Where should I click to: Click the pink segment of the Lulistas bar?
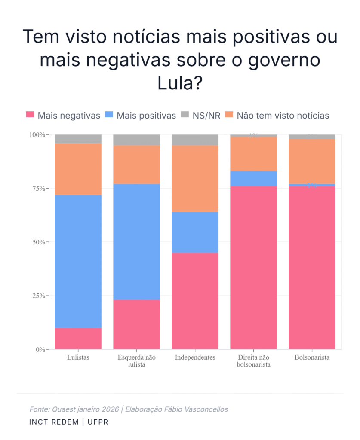point(78,339)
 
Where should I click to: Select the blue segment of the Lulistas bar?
point(78,261)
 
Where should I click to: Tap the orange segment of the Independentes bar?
point(195,179)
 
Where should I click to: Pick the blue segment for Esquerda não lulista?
point(136,242)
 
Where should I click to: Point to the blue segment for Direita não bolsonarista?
point(253,179)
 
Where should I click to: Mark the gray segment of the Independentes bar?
point(195,140)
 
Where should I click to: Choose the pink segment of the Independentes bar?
point(195,301)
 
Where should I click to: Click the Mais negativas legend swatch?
point(30,115)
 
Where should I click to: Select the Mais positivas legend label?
point(146,115)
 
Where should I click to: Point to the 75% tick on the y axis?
point(37,189)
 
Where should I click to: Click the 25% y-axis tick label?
point(37,296)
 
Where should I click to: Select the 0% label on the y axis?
point(40,350)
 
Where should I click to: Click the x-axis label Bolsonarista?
point(312,357)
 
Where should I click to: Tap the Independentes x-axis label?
point(195,357)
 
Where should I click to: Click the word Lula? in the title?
point(180,83)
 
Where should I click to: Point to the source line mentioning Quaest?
point(129,409)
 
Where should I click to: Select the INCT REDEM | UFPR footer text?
point(68,422)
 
